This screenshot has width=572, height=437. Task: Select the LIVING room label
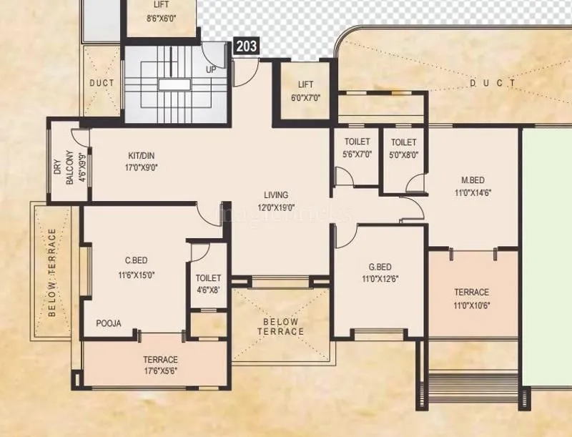[x=275, y=195]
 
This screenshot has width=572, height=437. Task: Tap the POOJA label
[x=109, y=323]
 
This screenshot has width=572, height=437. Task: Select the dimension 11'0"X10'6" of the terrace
[x=472, y=305]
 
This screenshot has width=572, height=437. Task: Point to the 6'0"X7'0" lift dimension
[x=305, y=97]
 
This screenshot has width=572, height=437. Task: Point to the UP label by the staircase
[x=211, y=69]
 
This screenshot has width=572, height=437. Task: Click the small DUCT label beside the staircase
[x=101, y=83]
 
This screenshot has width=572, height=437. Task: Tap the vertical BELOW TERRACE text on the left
[x=52, y=272]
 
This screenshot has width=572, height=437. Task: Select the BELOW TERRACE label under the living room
[x=282, y=326]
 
